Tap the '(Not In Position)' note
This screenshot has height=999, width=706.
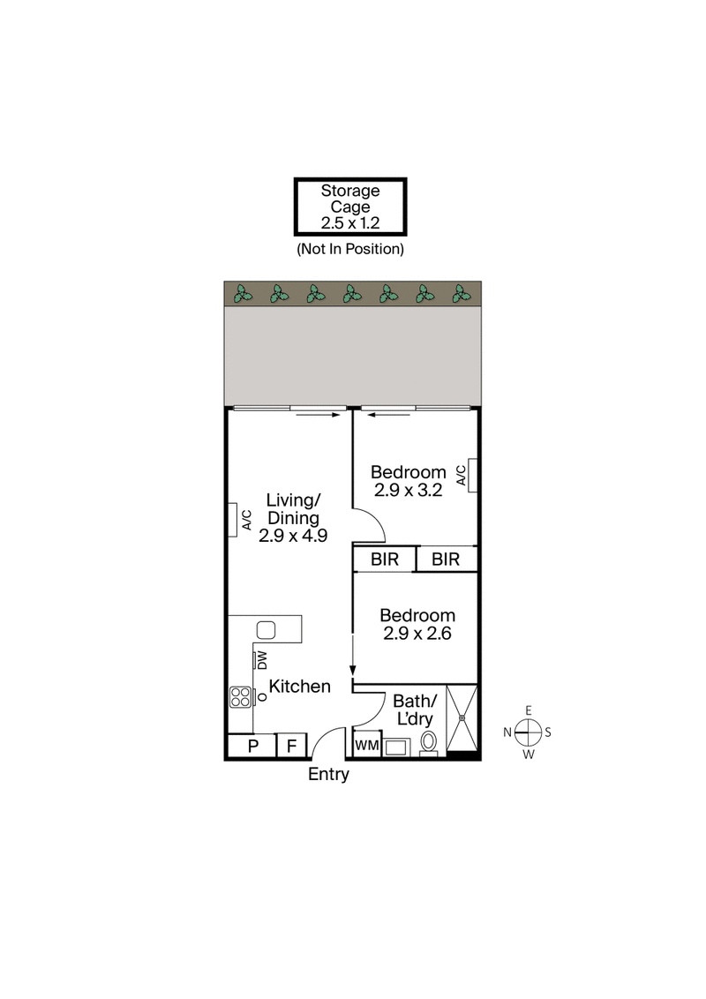349,249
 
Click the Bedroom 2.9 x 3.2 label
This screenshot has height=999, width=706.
408,481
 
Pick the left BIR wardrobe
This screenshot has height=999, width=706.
384,560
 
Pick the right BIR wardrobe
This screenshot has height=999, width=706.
446,560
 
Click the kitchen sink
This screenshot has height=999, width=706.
266,630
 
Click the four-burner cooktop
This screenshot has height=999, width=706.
240,697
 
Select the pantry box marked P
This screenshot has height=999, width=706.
252,747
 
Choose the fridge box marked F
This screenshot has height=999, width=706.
291,747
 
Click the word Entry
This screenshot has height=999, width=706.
328,775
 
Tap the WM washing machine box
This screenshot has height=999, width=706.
366,746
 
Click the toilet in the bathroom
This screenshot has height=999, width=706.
429,742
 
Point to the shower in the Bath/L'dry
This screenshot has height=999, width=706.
462,718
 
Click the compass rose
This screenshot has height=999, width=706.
528,732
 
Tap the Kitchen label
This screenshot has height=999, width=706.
300,686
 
